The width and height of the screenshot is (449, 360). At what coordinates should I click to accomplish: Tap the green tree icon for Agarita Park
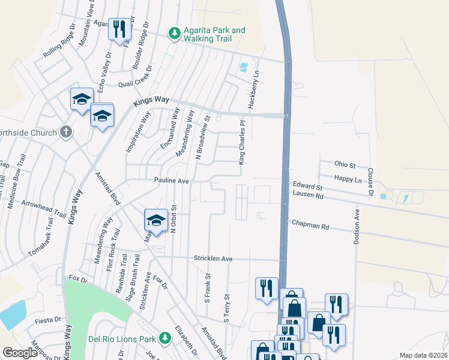pos(174,34)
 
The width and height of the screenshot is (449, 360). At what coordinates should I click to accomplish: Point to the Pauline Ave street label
pos(171,180)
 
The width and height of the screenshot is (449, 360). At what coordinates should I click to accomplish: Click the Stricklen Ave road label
pos(212,258)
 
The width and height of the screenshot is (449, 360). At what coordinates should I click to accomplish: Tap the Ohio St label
pos(345,164)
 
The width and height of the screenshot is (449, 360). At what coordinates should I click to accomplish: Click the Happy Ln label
pos(349,179)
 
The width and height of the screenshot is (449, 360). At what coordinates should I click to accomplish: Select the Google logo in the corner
pos(20,353)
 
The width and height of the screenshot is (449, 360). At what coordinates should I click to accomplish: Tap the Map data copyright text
pos(423,355)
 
